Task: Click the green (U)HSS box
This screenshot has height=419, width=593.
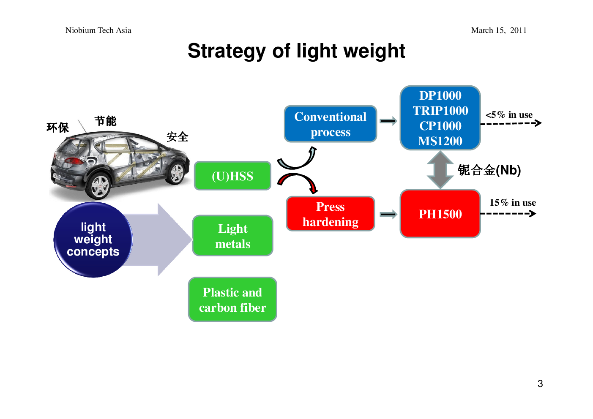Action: tap(233, 176)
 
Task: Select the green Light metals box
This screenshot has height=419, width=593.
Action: tap(233, 236)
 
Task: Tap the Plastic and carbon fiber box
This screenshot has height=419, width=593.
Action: tap(233, 300)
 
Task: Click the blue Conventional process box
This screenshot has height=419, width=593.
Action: tap(331, 124)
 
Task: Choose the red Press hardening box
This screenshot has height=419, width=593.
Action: tap(331, 214)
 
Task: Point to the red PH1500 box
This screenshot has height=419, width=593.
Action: tap(440, 214)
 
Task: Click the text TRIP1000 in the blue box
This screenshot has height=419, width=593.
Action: tap(440, 111)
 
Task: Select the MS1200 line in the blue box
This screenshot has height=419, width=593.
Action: tap(440, 141)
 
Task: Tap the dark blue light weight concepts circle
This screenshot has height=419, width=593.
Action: tap(93, 239)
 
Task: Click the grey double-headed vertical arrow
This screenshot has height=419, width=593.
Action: tap(440, 170)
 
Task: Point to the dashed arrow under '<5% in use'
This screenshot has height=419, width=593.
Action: tap(511, 123)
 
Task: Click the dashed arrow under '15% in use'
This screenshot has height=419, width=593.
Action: tap(508, 213)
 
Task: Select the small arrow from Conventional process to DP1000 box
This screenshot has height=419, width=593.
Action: tap(388, 121)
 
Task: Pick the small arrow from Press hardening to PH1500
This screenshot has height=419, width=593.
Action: tap(388, 214)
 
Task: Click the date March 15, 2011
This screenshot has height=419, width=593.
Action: tap(499, 30)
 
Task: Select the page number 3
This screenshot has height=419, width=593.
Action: tap(540, 384)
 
